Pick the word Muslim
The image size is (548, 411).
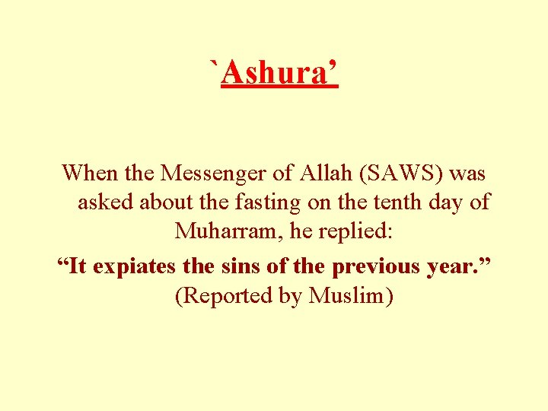coord(350,296)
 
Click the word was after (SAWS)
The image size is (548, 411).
coord(467,174)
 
